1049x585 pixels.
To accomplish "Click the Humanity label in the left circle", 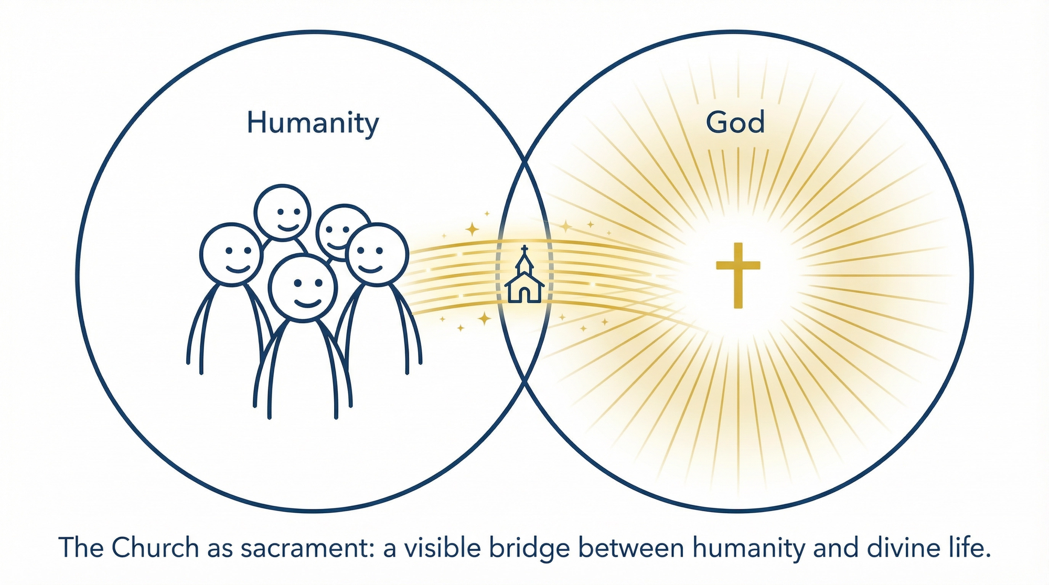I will click(x=313, y=123).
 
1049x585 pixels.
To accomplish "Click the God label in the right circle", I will click(x=735, y=122).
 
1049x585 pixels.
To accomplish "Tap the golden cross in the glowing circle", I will click(x=738, y=275).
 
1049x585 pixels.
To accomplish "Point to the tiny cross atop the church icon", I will click(x=524, y=248).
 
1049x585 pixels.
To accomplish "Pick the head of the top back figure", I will click(x=283, y=212).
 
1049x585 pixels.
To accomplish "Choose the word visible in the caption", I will click(x=439, y=548).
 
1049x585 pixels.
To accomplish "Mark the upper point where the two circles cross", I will click(x=524, y=160).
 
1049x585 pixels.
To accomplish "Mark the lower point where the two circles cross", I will click(x=524, y=382).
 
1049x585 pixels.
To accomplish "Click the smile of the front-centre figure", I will click(x=307, y=303).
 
